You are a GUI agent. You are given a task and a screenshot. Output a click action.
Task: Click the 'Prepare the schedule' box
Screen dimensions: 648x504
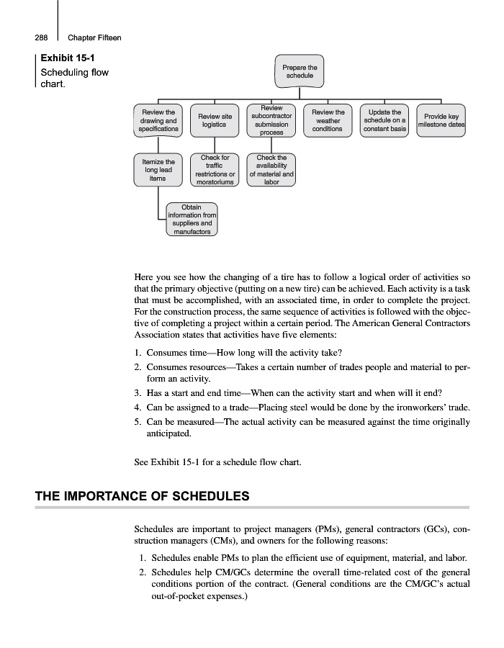click(299, 72)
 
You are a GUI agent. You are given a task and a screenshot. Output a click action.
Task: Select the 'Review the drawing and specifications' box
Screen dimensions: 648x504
click(159, 120)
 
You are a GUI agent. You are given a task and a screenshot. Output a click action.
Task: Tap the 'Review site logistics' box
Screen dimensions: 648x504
click(214, 120)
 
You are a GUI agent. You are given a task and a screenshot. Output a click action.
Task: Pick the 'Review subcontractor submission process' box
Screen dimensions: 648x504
click(271, 120)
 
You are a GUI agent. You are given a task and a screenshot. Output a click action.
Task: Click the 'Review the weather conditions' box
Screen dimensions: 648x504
click(328, 120)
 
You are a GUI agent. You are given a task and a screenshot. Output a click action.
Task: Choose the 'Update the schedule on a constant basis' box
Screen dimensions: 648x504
click(384, 120)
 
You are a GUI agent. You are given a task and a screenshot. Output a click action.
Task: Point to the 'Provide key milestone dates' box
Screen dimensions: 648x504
click(441, 120)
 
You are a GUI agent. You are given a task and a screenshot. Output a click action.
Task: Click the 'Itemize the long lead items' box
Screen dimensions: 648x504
click(159, 170)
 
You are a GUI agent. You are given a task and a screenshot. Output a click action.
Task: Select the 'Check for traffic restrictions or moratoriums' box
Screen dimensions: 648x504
click(214, 170)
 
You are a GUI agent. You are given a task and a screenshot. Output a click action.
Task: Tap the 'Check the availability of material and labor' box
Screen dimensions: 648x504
click(271, 170)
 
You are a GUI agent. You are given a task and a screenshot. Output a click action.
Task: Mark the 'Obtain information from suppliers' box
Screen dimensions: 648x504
click(192, 220)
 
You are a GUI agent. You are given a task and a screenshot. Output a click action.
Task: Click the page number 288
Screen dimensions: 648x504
click(41, 37)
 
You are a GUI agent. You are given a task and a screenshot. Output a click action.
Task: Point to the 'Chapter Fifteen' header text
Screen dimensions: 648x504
click(94, 37)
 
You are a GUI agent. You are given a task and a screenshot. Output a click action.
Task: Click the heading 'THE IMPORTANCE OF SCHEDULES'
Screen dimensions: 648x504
click(143, 496)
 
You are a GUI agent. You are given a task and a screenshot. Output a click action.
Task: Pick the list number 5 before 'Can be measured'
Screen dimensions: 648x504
click(138, 421)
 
